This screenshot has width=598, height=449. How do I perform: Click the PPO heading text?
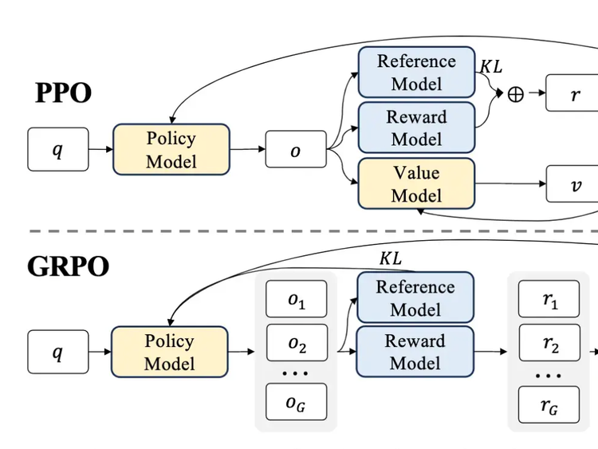coord(63,93)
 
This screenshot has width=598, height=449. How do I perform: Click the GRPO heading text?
coord(68,266)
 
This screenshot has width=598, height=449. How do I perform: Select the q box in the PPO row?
coord(58,149)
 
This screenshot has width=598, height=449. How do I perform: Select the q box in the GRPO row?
coord(58,352)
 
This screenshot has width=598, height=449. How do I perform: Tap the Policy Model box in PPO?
coord(171,150)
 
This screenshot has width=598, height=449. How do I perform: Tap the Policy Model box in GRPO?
coord(169,353)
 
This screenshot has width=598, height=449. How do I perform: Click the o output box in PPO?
coord(296,149)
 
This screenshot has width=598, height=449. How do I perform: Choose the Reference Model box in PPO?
coord(416,73)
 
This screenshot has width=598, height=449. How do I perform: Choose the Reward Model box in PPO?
coord(416,128)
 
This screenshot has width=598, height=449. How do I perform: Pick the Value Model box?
coord(416,183)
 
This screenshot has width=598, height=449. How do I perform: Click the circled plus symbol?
coord(516,94)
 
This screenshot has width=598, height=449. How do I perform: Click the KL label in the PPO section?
coord(490,66)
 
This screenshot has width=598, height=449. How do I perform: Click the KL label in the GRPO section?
coord(390,258)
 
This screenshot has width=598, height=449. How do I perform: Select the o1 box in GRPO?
coord(296,300)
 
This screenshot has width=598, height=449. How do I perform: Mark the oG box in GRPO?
coord(296,403)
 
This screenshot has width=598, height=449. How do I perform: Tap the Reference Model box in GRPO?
coord(415,297)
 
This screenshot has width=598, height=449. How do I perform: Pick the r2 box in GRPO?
coord(549,344)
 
